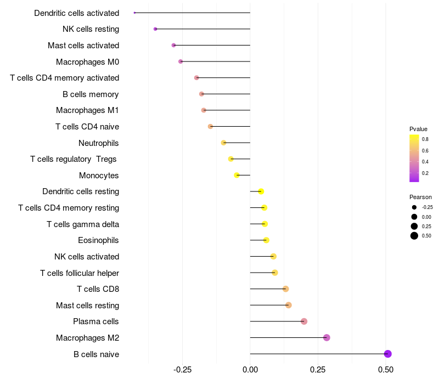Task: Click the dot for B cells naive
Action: tap(387, 354)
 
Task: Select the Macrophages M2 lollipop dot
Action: tap(327, 337)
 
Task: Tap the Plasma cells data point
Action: tap(304, 321)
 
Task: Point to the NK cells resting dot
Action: tap(155, 29)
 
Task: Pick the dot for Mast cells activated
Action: tap(173, 45)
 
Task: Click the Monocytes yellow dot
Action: tap(237, 175)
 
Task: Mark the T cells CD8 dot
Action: tap(285, 289)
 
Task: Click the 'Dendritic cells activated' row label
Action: tap(76, 13)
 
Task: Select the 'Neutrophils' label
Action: tap(99, 143)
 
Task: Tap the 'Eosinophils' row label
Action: tap(99, 240)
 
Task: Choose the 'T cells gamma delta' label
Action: tap(83, 224)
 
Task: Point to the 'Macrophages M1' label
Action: tap(87, 110)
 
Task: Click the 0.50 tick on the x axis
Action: tap(386, 370)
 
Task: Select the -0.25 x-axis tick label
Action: tap(182, 370)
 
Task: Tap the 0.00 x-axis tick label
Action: tap(250, 370)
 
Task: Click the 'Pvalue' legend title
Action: tap(418, 129)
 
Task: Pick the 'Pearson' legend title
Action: tap(420, 197)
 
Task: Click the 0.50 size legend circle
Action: tap(414, 236)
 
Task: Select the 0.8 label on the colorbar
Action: tap(425, 139)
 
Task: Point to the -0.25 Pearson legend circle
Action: tap(414, 207)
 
